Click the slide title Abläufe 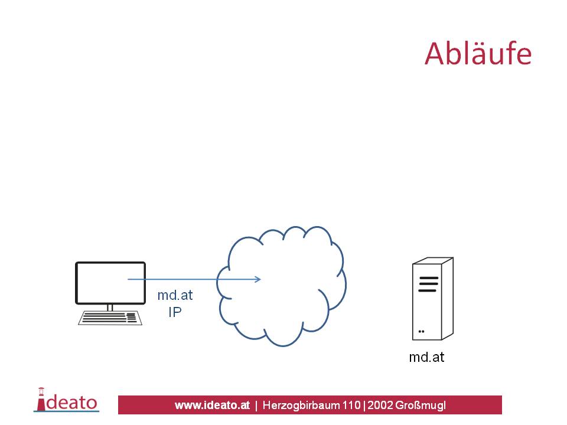(478, 54)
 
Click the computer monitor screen (110, 283)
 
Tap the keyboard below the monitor (110, 318)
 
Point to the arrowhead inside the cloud (258, 279)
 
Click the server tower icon (432, 299)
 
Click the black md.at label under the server (426, 357)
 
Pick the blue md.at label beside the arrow (175, 295)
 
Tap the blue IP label (175, 312)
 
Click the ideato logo (67, 400)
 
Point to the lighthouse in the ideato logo (41, 400)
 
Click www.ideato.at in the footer (212, 405)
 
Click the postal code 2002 (380, 405)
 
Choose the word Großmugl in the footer (420, 406)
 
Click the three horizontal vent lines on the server (428, 284)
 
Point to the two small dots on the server (421, 331)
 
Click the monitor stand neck (110, 308)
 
